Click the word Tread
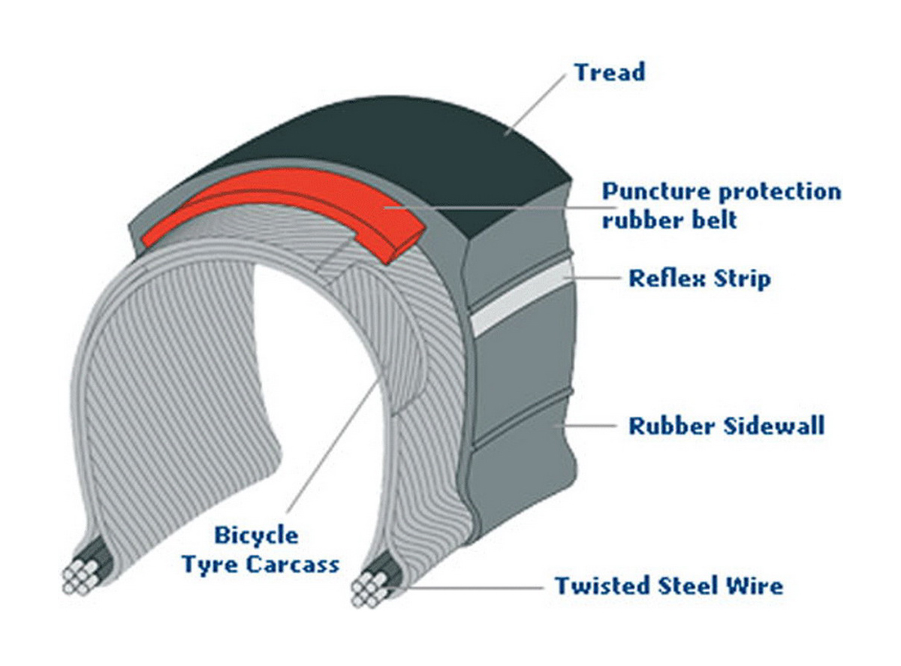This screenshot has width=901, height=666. (609, 72)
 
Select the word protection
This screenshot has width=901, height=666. (780, 192)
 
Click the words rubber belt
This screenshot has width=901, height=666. (670, 220)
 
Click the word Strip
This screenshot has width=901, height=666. (742, 279)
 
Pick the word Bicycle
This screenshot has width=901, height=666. (256, 535)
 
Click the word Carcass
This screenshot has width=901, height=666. (293, 564)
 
